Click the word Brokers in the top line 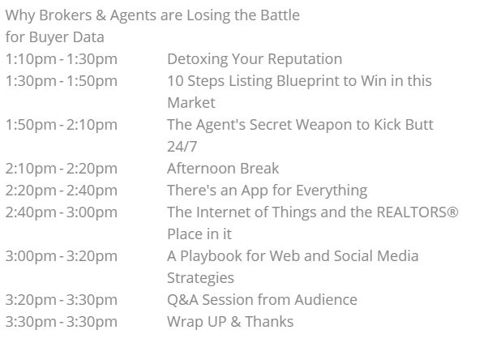tap(66, 15)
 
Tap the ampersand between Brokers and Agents tap(101, 15)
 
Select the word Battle tap(280, 15)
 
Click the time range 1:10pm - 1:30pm tap(62, 59)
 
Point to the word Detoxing tap(197, 59)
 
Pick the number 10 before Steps tap(175, 81)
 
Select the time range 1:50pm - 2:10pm tap(62, 125)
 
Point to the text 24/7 tap(182, 147)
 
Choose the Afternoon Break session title tap(223, 169)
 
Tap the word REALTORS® tap(417, 212)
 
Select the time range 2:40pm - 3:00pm tap(62, 212)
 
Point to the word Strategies tap(200, 278)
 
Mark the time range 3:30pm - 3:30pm tap(62, 322)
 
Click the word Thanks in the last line tap(269, 322)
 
